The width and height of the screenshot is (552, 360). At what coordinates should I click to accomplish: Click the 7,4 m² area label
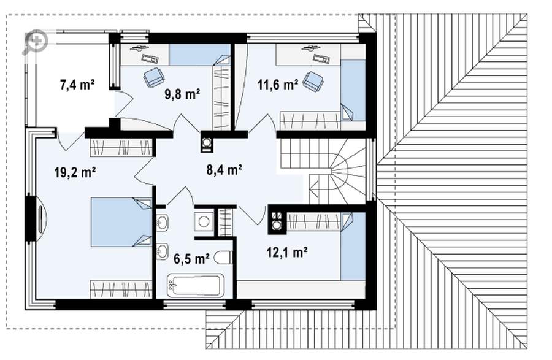(x=77, y=85)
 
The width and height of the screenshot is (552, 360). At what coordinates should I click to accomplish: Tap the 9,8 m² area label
(x=182, y=94)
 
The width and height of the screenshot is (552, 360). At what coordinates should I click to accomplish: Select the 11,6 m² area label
(x=278, y=84)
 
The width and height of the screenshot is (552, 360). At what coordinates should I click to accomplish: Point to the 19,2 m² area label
(x=75, y=172)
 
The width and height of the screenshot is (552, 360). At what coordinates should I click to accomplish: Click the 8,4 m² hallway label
(x=224, y=170)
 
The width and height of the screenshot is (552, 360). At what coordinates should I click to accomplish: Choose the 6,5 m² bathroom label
(x=192, y=259)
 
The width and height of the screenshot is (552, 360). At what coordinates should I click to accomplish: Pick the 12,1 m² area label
(x=287, y=252)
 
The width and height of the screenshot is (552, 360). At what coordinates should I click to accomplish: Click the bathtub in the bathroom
(x=196, y=285)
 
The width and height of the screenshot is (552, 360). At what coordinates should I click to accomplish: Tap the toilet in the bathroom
(x=223, y=258)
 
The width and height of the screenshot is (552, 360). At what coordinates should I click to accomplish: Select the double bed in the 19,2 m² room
(x=121, y=222)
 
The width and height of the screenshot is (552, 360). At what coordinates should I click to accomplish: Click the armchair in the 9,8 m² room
(x=154, y=77)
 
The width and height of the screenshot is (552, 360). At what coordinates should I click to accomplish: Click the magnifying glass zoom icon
(x=35, y=42)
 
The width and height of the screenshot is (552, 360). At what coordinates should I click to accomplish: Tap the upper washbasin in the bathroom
(x=163, y=223)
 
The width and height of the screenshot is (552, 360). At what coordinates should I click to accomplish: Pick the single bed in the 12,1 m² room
(x=353, y=246)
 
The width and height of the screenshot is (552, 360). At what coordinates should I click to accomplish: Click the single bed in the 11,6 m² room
(x=353, y=90)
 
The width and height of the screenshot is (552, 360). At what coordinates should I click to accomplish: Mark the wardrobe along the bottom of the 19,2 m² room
(x=121, y=289)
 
